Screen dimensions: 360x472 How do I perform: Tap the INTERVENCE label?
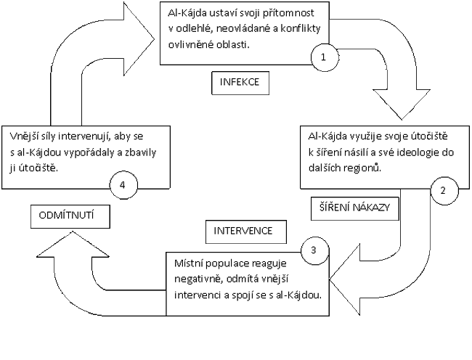(243, 232)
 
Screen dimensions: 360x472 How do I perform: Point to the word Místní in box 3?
(190, 259)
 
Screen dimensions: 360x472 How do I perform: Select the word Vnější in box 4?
(25, 135)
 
